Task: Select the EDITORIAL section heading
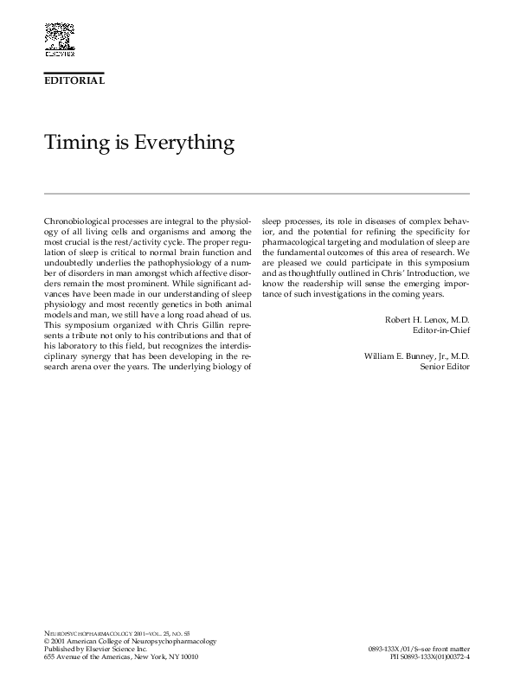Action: click(74, 80)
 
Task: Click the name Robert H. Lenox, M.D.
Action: click(427, 319)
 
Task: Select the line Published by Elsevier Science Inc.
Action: click(95, 649)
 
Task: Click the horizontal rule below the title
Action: click(256, 193)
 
